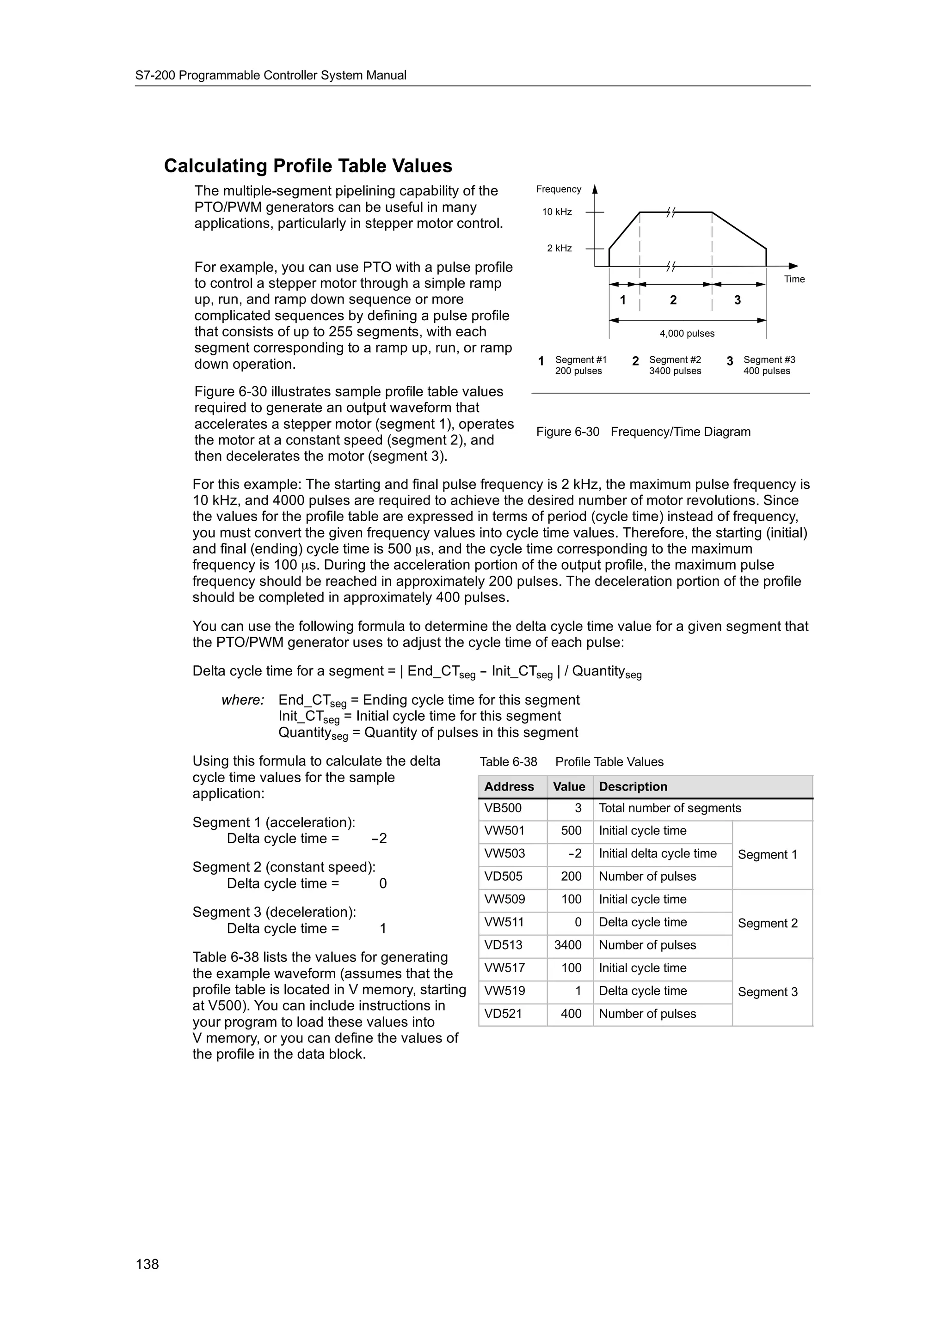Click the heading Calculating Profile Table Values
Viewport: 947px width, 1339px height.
click(x=307, y=166)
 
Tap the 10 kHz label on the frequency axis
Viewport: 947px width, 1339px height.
click(x=557, y=212)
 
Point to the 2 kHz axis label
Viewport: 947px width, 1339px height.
click(x=559, y=249)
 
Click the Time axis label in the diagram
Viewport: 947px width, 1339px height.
click(x=794, y=280)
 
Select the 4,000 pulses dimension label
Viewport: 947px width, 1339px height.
click(x=687, y=334)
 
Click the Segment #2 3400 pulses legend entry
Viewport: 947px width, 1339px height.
click(x=675, y=365)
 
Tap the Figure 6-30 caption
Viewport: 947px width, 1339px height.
click(x=643, y=432)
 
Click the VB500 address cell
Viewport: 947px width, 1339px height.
click(x=503, y=808)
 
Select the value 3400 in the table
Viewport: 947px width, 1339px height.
click(x=568, y=945)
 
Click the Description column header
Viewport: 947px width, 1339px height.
click(x=633, y=787)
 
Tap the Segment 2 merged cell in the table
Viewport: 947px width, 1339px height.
click(x=767, y=923)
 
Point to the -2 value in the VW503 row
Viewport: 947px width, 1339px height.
click(x=575, y=854)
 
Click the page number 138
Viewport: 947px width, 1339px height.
click(x=147, y=1264)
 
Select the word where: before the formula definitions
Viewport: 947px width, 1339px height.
click(x=243, y=700)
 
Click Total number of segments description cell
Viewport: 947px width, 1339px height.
click(x=669, y=808)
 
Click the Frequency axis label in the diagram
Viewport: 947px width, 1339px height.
click(x=559, y=189)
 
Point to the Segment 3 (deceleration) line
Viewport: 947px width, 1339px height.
click(x=274, y=912)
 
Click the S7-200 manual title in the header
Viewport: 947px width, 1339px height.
click(x=271, y=75)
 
